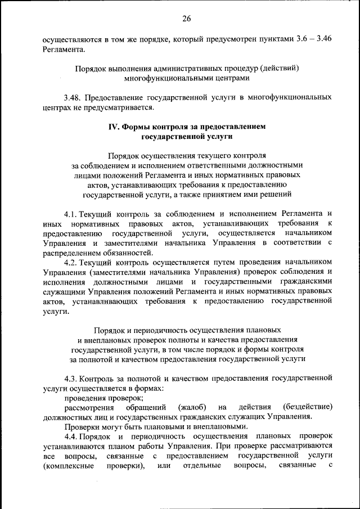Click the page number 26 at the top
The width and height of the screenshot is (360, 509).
click(x=187, y=19)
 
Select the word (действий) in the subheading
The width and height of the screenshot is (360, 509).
click(x=278, y=69)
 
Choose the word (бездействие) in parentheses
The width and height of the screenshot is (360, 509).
click(x=309, y=407)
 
